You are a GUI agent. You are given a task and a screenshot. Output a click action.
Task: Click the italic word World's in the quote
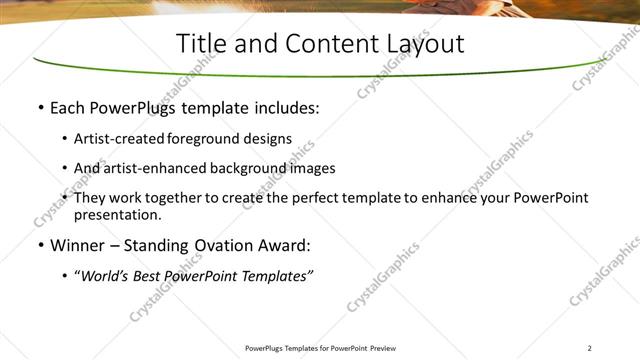pos(106,275)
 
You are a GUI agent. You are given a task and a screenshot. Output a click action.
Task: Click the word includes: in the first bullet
pos(284,108)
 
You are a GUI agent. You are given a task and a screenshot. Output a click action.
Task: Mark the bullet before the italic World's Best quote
pos(65,276)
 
